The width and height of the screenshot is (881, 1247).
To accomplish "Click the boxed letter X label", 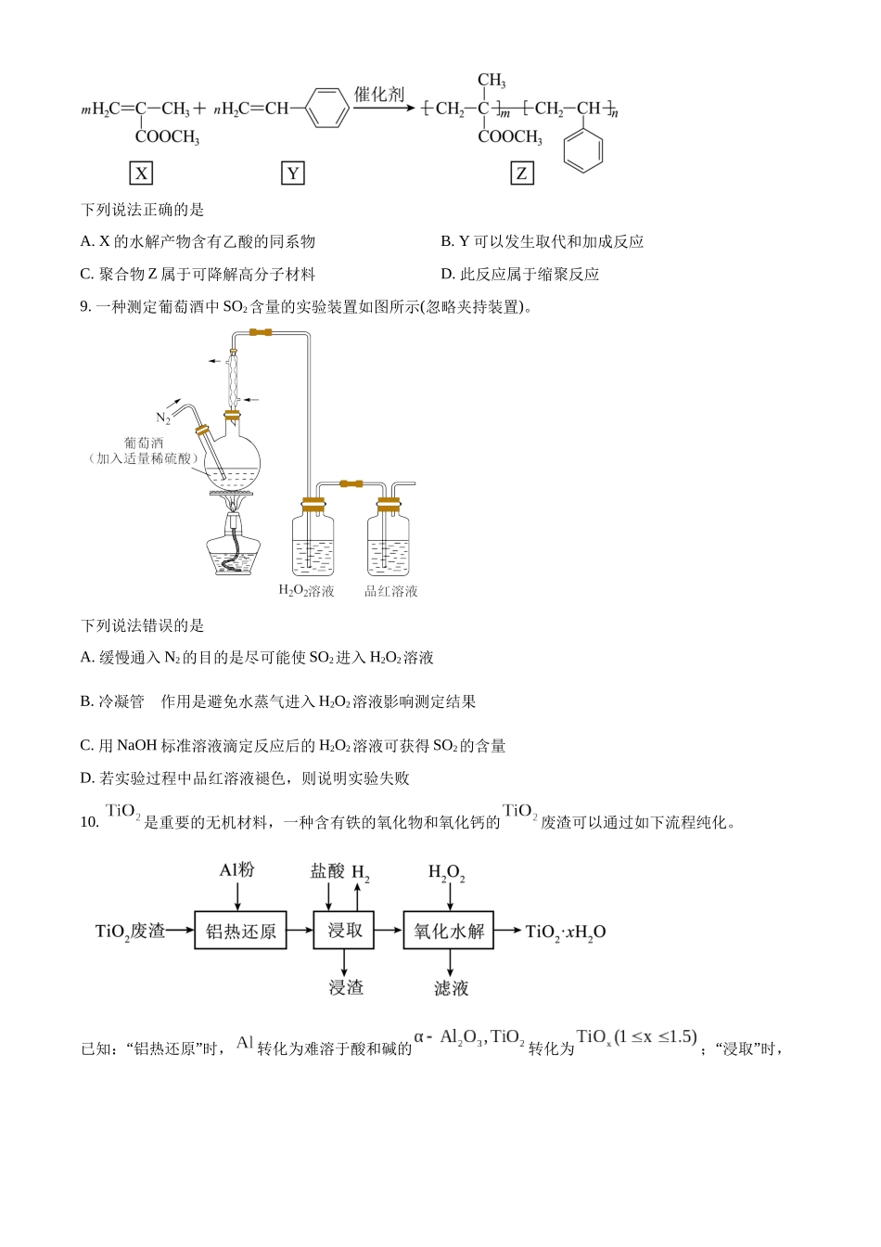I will tap(141, 174).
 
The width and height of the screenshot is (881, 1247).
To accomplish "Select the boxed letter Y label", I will tap(293, 174).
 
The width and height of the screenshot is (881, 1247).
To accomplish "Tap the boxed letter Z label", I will tap(522, 174).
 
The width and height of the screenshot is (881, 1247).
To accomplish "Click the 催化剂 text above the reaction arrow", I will tap(379, 94).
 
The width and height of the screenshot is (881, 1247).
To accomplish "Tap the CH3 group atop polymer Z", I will tap(491, 81).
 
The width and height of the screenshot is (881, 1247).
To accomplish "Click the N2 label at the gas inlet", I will tap(163, 418).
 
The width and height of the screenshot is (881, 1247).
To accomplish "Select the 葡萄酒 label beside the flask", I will tap(144, 443).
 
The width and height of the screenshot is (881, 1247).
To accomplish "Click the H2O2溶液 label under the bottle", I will tap(306, 591).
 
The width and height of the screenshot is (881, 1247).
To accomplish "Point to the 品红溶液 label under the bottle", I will tap(390, 591).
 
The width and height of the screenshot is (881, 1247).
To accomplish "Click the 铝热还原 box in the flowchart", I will tap(240, 931).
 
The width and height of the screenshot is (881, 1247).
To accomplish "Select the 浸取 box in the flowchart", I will tap(344, 931).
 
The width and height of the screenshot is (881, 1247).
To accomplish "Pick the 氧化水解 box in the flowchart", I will tap(449, 931).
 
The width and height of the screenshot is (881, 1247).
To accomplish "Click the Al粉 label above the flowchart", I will tap(236, 870).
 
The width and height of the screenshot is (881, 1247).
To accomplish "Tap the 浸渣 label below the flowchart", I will tap(346, 987).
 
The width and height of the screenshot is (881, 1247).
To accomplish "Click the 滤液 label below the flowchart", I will tap(451, 988).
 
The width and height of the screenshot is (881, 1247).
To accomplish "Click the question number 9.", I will tap(85, 307).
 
